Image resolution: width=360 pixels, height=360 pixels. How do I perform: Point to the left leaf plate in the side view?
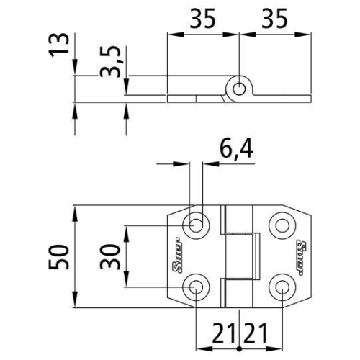click(194, 95)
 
